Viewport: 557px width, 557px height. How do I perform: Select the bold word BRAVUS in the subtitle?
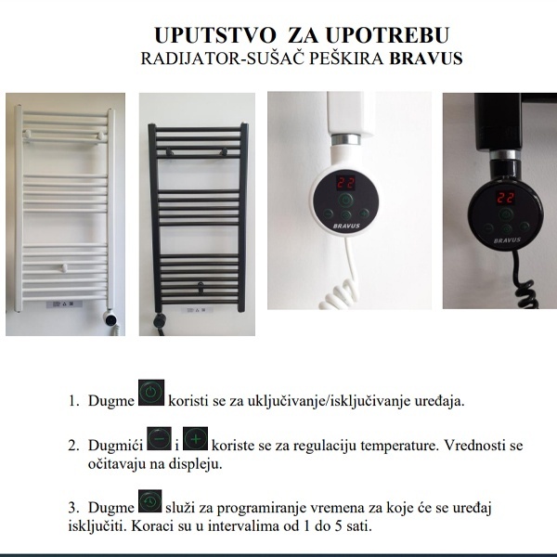(426, 58)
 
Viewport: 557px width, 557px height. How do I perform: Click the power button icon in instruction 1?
(151, 393)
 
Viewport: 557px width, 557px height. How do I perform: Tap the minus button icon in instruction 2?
(159, 439)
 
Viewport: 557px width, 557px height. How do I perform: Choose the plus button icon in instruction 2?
(196, 439)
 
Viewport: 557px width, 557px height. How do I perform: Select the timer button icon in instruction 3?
(149, 501)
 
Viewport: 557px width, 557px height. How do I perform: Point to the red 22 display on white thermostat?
(345, 183)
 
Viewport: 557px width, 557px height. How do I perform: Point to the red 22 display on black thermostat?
(506, 197)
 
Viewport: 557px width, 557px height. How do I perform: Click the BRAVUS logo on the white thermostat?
(346, 226)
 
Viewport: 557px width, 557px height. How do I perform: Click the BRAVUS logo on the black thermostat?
(507, 240)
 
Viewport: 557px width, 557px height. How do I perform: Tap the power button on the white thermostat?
(345, 201)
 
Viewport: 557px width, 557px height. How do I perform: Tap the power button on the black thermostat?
(506, 214)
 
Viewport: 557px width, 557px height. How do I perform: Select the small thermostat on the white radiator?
(110, 318)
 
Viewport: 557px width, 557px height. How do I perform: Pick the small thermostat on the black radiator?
(160, 321)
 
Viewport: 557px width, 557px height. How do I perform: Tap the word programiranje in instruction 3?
(262, 509)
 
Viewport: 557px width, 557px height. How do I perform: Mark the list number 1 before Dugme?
(73, 401)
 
